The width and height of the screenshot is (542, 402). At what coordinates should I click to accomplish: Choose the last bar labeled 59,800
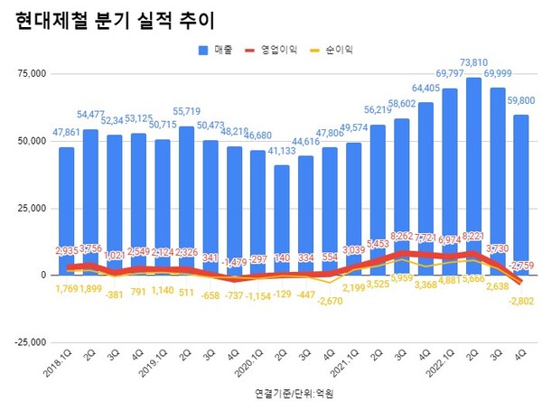[x=521, y=194]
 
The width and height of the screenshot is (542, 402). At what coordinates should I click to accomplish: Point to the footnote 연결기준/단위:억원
[x=294, y=395]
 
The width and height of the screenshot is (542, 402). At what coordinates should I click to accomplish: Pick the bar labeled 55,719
[x=186, y=201]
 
